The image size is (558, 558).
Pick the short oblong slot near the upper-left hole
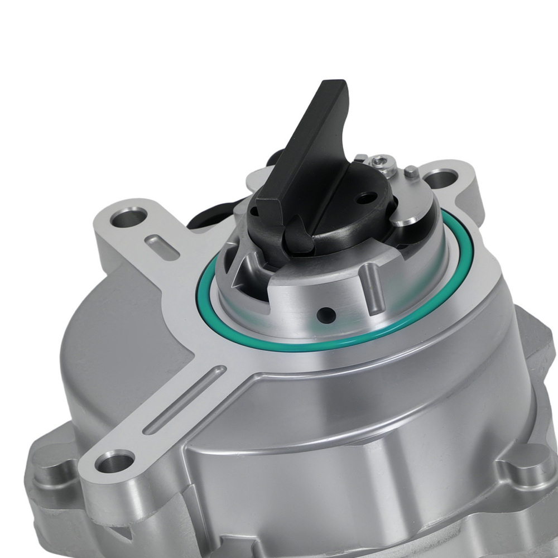tap(162, 247)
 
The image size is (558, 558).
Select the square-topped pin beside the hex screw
tap(411, 171)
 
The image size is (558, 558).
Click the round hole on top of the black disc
tap(365, 197)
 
